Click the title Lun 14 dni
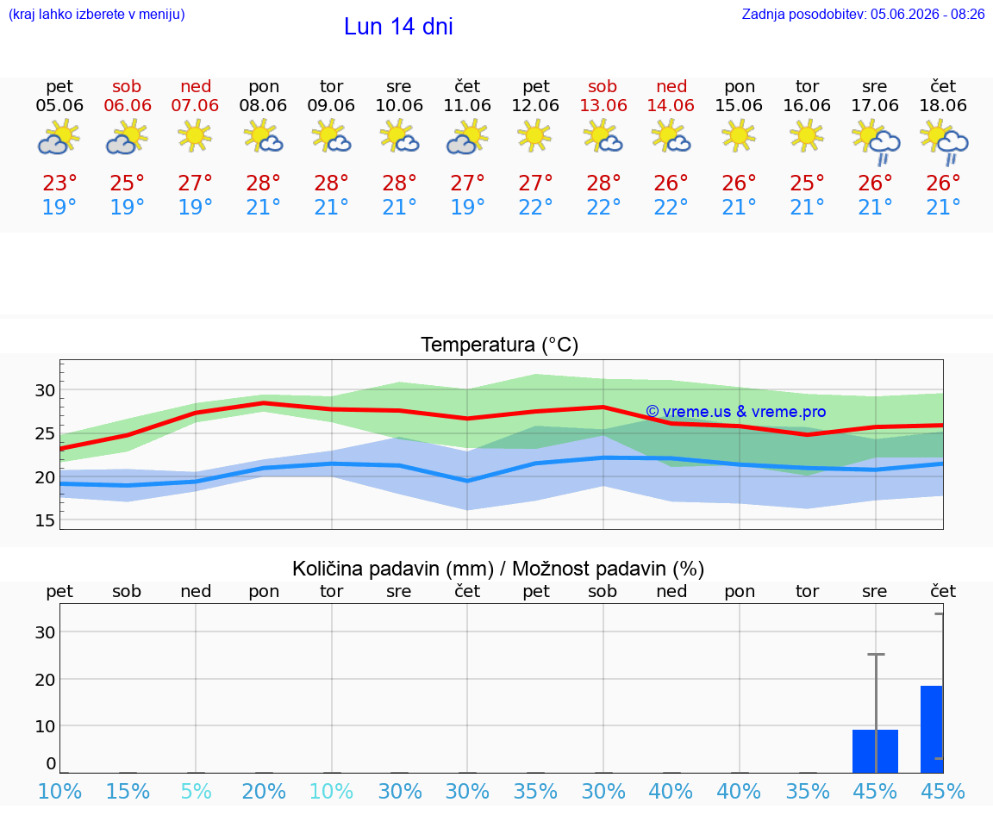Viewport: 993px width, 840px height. pos(398,27)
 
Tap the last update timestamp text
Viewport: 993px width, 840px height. pos(863,14)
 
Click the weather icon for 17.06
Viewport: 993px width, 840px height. pos(876,143)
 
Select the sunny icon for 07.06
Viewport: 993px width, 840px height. pos(195,136)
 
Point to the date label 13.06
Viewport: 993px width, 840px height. pos(603,105)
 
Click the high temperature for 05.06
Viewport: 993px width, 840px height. pos(59,183)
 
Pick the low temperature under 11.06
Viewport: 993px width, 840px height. pos(467,207)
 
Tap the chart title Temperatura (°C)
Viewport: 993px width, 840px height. pos(500,345)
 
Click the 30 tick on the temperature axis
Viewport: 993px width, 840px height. pos(45,390)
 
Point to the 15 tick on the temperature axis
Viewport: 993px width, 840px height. pos(45,520)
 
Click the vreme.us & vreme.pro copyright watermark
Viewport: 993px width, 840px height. pos(736,412)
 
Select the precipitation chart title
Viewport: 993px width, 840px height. pos(498,569)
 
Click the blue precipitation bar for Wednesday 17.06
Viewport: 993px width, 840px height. pos(875,751)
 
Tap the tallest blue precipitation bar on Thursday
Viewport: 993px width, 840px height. pos(932,729)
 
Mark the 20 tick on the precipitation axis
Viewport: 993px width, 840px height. pos(45,680)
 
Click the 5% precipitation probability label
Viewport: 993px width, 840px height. pos(196,791)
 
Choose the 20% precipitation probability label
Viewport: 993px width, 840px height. pos(264,791)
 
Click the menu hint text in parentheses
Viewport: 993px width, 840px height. pos(97,14)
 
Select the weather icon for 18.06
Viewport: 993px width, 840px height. pos(944,143)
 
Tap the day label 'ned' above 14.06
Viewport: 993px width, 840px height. pos(671,86)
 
